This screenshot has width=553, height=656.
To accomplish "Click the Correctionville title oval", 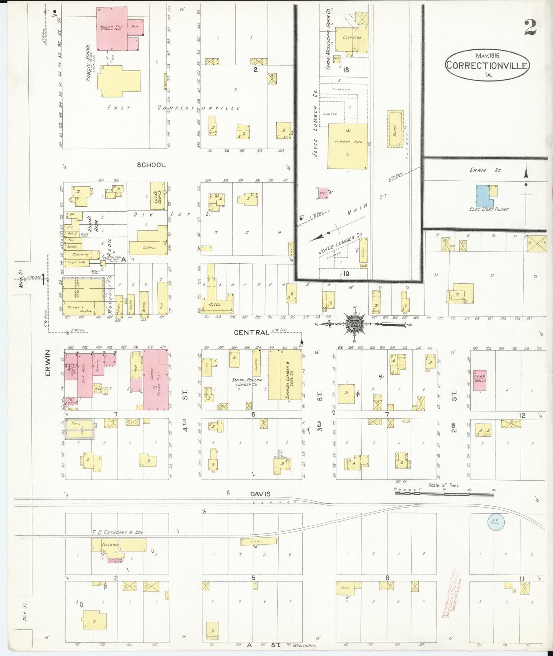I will click(487, 65).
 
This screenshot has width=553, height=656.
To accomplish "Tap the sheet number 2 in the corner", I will click(530, 27).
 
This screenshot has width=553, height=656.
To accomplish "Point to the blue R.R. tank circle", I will click(496, 522).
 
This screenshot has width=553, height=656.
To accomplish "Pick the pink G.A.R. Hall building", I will click(480, 380).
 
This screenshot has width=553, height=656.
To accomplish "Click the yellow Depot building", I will click(395, 129).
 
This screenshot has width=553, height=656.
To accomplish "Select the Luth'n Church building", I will click(158, 196).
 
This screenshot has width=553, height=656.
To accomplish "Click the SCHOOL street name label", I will click(152, 165).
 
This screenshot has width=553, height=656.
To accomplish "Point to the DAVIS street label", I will click(260, 494).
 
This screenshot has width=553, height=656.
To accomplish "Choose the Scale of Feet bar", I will click(444, 493).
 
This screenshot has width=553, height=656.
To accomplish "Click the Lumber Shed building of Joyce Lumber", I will click(347, 146).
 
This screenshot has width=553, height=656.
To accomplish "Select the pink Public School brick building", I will click(111, 28).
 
